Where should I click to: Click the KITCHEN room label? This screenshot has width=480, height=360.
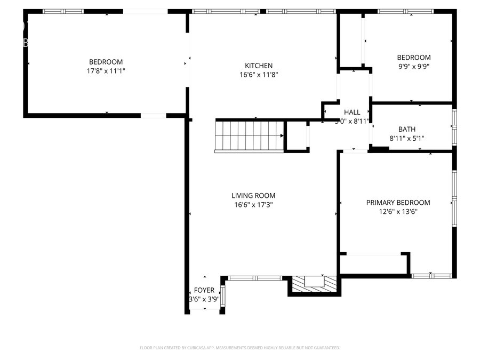click(x=259, y=66)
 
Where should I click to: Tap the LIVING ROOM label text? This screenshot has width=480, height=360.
click(x=253, y=196)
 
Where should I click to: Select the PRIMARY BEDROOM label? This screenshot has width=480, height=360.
click(x=398, y=203)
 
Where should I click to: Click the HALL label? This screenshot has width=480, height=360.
click(x=352, y=112)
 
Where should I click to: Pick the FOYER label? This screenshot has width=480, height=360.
click(x=204, y=290)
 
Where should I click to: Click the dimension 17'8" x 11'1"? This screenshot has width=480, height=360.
click(x=106, y=70)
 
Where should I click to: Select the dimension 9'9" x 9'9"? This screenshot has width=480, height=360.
click(x=413, y=67)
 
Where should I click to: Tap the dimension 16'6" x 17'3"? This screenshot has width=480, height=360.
click(x=253, y=205)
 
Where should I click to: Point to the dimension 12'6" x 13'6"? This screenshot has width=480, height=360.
click(x=398, y=212)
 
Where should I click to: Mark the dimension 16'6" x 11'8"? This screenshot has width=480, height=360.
click(x=259, y=75)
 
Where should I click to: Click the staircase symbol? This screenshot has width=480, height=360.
click(x=249, y=137)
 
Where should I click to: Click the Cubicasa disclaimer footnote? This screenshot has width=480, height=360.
click(x=239, y=348)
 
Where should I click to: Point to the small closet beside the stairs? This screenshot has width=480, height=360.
click(x=297, y=137)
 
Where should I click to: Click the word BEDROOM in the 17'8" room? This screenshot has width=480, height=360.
click(x=106, y=61)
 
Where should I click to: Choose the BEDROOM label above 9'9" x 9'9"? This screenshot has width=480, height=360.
click(x=413, y=58)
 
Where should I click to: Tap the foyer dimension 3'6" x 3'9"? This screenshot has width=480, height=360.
click(x=204, y=299)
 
